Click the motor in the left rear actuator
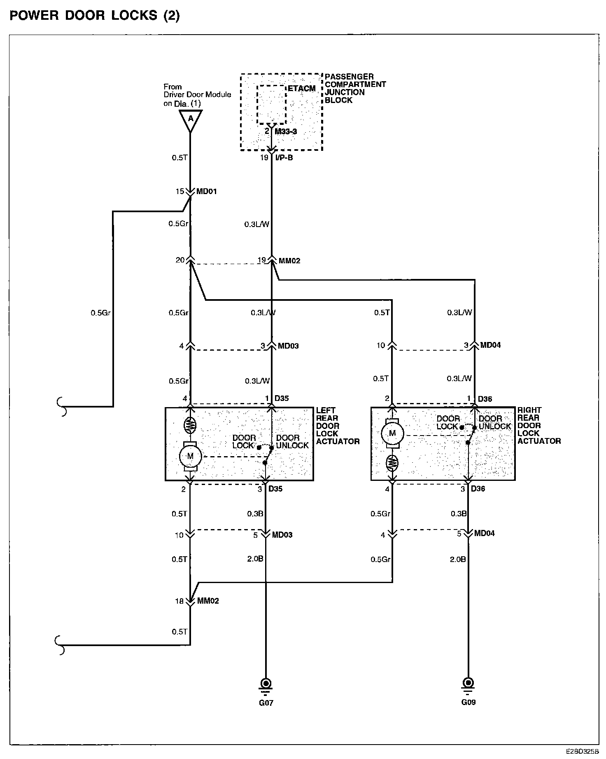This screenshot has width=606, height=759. coord(190,456)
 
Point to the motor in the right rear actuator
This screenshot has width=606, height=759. coord(392,433)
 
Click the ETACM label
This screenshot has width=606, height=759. coord(302,89)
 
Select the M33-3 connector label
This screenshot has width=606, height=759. coord(286,131)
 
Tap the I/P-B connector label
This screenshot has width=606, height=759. coord(284,157)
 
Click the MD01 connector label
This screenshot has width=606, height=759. coord(206,192)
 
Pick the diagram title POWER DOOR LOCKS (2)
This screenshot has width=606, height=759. coord(95,16)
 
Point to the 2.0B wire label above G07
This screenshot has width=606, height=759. coord(255,559)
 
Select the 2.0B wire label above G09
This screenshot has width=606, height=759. coord(457,559)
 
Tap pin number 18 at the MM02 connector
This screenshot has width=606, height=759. coord(179,601)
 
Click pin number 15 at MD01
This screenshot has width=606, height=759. coord(180,192)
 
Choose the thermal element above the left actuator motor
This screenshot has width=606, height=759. coord(190,424)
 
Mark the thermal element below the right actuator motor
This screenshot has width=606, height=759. coord(392,463)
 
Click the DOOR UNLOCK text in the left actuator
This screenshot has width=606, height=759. coord(292,441)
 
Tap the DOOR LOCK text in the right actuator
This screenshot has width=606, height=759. coord(448,422)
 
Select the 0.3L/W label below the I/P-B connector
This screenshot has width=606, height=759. coord(257,225)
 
